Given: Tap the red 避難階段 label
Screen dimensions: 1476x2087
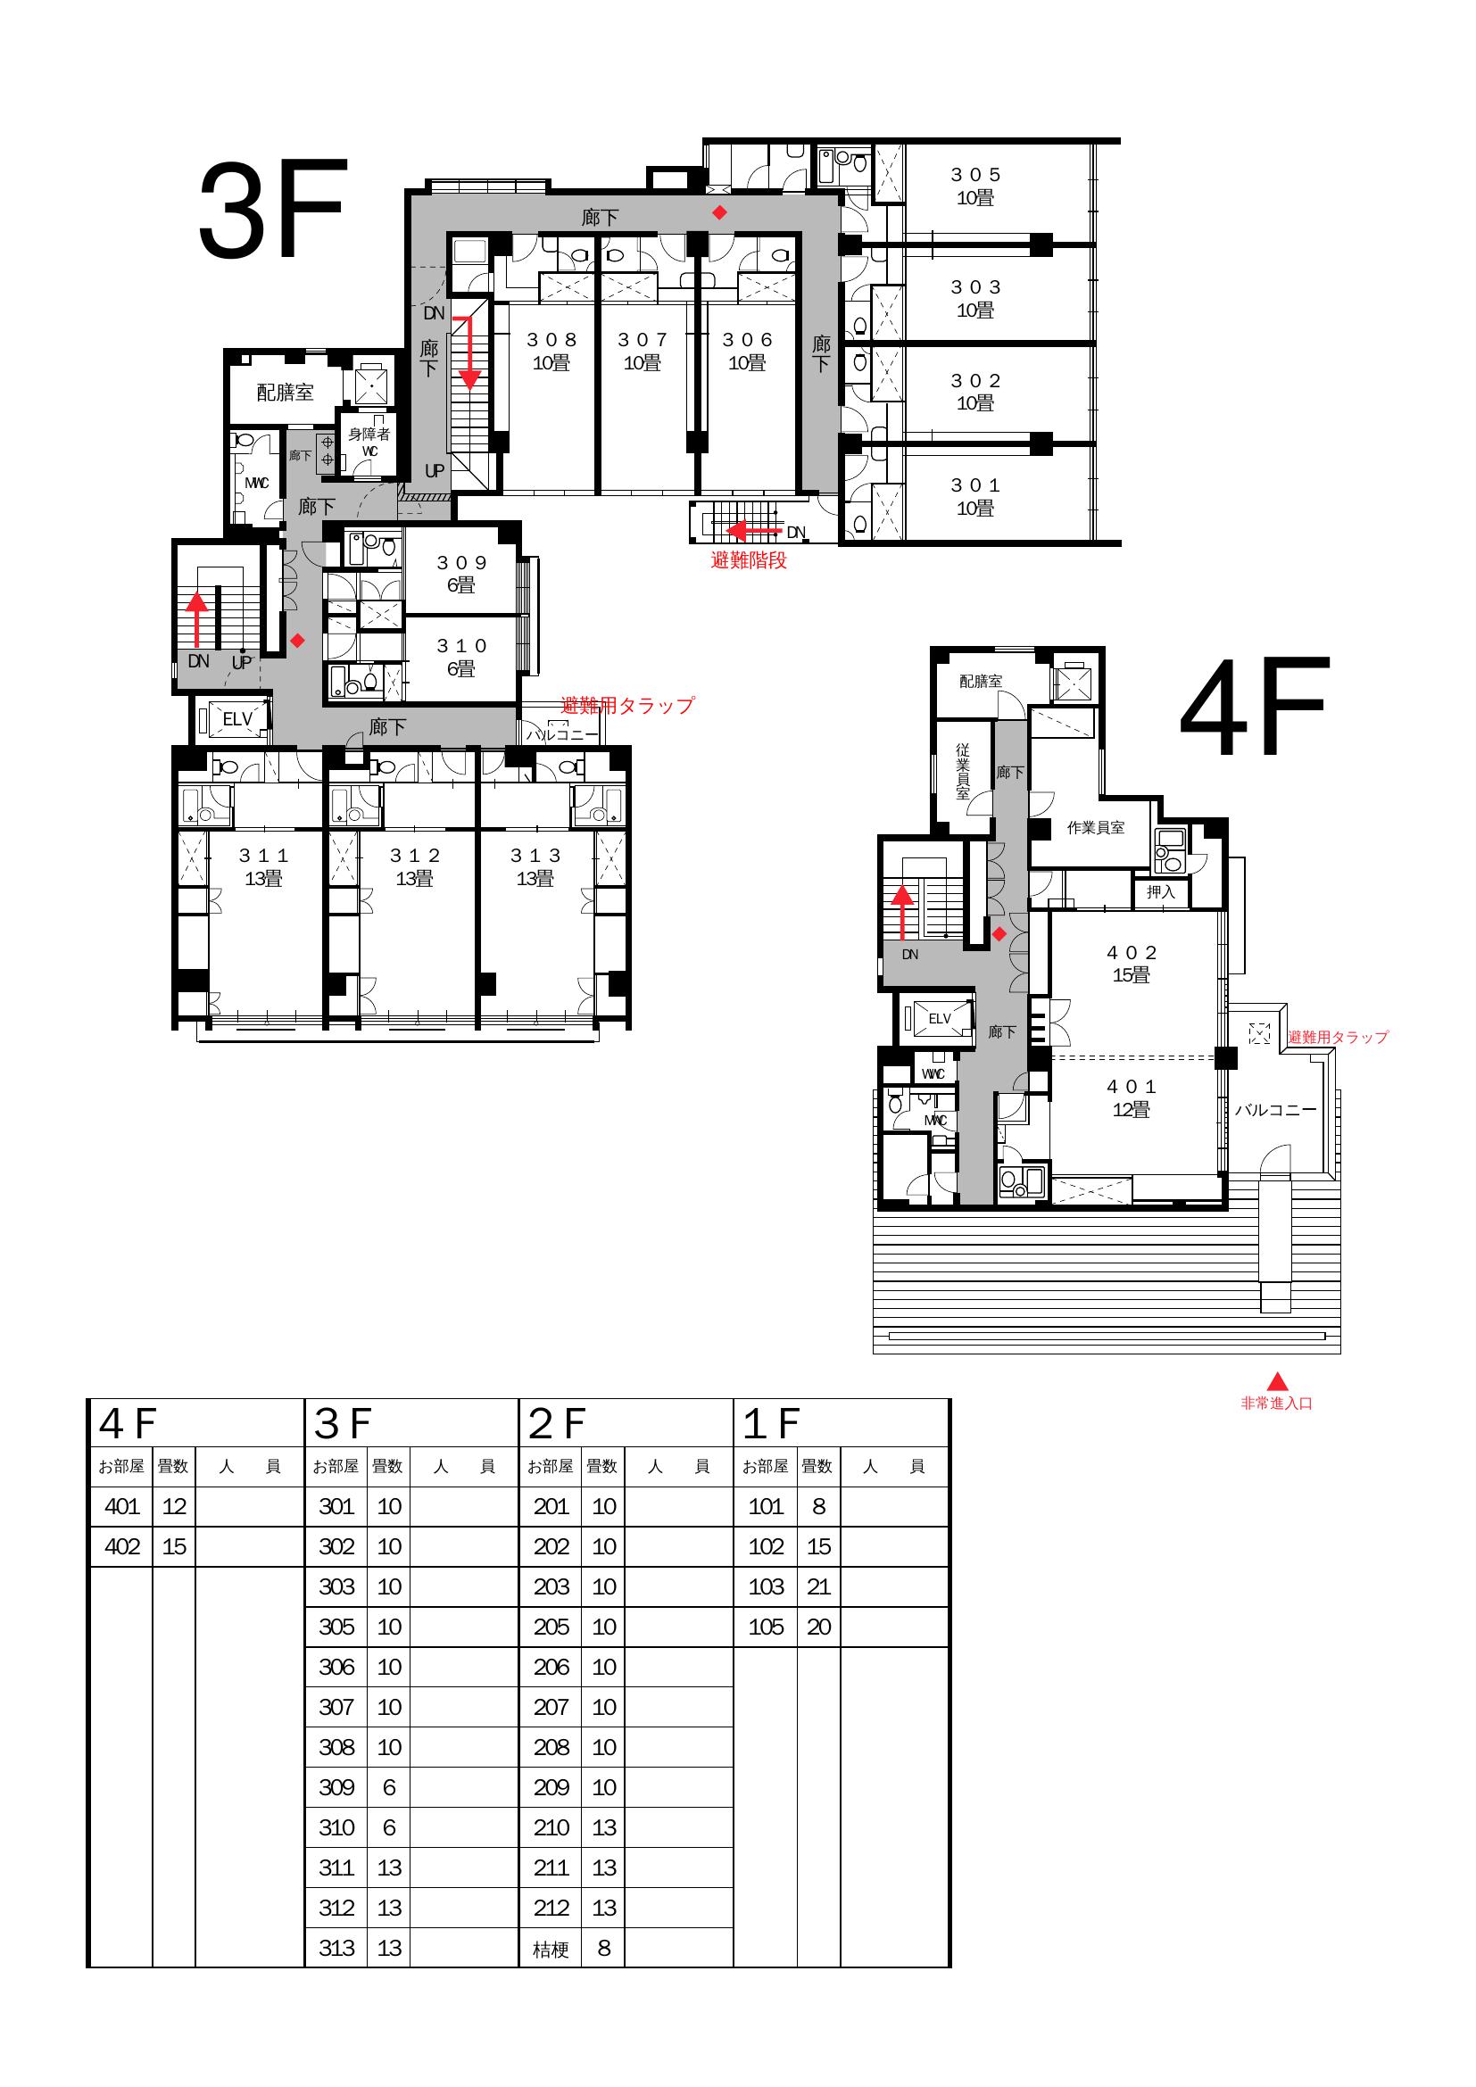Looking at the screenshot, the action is tap(749, 561).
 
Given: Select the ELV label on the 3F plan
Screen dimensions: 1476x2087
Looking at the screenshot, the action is tap(238, 719).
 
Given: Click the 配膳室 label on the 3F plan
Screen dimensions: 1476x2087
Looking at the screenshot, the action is tap(286, 392).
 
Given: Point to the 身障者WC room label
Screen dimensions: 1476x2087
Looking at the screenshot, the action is tap(369, 443).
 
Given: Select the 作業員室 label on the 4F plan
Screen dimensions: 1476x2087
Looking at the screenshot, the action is tap(1095, 828).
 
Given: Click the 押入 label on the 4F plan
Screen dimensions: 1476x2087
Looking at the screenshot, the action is tap(1161, 891).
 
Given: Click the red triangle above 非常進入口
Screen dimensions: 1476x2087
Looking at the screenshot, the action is tap(1277, 1380).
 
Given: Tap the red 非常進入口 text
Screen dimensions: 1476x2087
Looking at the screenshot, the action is tap(1277, 1404).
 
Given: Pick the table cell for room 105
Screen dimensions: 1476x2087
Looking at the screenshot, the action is tap(767, 1627).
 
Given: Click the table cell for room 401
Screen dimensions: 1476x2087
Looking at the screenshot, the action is tap(121, 1507).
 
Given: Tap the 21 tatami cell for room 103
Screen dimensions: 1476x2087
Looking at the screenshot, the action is tap(819, 1587).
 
